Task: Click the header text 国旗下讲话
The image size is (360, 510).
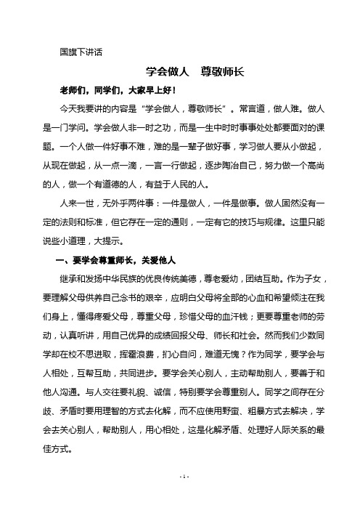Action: (x=82, y=53)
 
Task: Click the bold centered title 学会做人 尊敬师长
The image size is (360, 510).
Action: (x=179, y=72)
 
